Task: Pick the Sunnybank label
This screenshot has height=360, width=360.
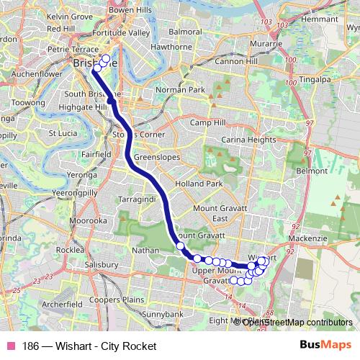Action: click(x=163, y=315)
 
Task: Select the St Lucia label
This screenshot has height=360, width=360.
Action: click(x=63, y=132)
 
